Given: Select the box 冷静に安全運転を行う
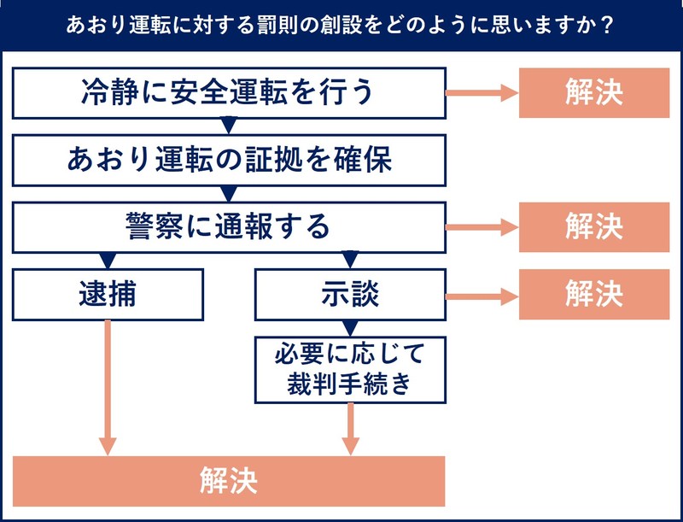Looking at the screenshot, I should [x=229, y=91].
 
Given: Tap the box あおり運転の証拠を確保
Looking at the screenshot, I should [x=229, y=159].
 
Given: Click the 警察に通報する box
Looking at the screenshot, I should [x=229, y=226].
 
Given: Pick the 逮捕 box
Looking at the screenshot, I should [x=108, y=294].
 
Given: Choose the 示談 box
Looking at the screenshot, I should [x=350, y=294].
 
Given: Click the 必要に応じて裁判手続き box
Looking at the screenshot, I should [x=350, y=368].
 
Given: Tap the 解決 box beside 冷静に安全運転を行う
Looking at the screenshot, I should [x=593, y=92].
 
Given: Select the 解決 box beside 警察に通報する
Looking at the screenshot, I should [x=593, y=227].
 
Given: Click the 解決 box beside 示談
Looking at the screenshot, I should [x=593, y=295].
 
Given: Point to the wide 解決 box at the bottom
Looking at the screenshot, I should [x=229, y=481].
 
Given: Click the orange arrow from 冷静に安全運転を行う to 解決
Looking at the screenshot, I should [x=482, y=92].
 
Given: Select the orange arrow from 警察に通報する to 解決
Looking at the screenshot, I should [x=482, y=227].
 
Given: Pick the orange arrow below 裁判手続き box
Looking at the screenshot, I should [x=350, y=427].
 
